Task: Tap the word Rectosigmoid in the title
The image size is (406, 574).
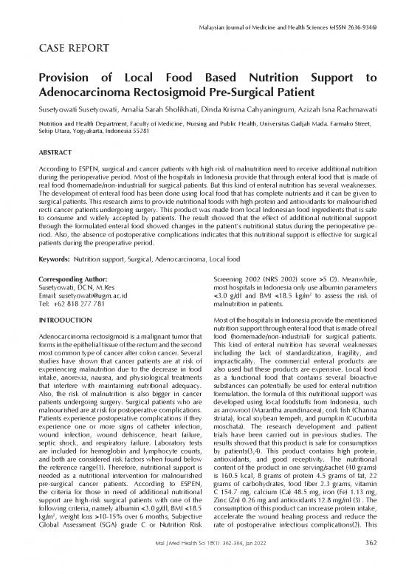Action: [x=164, y=92]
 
